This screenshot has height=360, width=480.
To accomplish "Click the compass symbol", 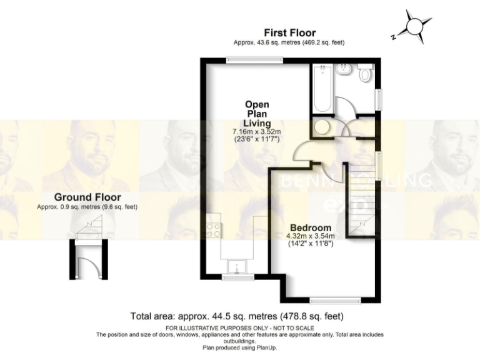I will click(x=413, y=26).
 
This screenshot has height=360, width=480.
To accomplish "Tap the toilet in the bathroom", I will click(x=366, y=73).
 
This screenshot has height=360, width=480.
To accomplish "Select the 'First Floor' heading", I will click(x=289, y=32).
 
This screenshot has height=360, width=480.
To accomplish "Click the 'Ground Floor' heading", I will click(x=87, y=197).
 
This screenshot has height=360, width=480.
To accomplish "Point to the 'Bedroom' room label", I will click(x=310, y=227).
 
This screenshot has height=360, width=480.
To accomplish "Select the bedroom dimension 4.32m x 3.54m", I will click(x=310, y=236).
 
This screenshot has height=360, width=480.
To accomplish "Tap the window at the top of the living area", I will click(x=254, y=60).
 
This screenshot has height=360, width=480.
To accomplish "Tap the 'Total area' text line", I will click(x=236, y=316).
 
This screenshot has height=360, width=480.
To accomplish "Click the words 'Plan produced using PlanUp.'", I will click(x=239, y=347).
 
